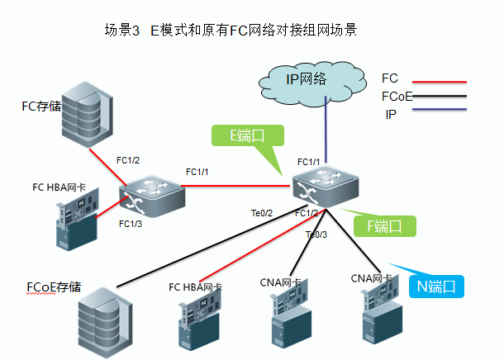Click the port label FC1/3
coord(131,224)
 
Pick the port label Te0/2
coord(262,213)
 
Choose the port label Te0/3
coord(316,234)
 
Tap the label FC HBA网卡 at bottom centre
coord(196,287)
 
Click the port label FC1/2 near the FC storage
coord(128,160)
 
